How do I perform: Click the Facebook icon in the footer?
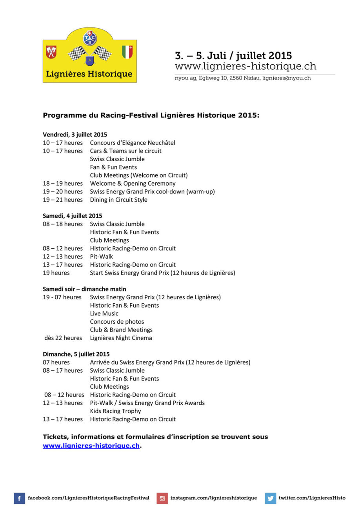click(20, 498)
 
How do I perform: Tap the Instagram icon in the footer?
click(162, 498)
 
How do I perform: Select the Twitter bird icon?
click(270, 498)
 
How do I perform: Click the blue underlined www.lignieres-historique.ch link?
click(91, 446)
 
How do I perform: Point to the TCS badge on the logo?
click(90, 38)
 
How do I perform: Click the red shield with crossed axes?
click(51, 52)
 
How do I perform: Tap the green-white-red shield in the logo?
click(127, 52)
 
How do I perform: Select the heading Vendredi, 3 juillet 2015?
click(75, 135)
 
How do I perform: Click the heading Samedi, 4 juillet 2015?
click(73, 216)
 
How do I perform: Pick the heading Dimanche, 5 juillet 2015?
click(76, 354)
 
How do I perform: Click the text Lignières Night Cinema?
click(121, 338)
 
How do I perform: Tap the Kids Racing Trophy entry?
click(115, 411)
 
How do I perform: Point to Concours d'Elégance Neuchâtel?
click(133, 143)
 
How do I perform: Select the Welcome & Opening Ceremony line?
click(133, 183)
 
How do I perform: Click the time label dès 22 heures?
click(63, 338)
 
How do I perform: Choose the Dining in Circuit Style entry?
click(118, 200)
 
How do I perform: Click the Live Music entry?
click(104, 313)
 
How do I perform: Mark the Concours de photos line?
click(117, 322)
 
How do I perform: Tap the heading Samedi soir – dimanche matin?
click(84, 289)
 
